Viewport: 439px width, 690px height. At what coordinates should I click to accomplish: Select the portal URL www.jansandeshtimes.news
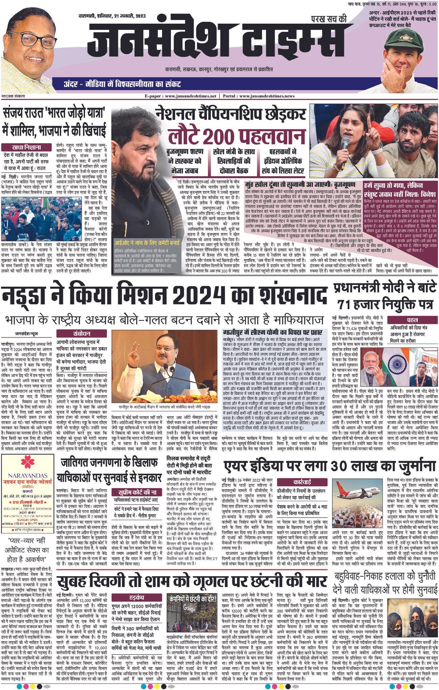[x=267, y=96]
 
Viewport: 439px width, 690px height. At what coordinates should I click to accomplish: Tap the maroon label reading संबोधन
[x=81, y=334]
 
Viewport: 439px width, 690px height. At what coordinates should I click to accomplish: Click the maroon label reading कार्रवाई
[x=302, y=482]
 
